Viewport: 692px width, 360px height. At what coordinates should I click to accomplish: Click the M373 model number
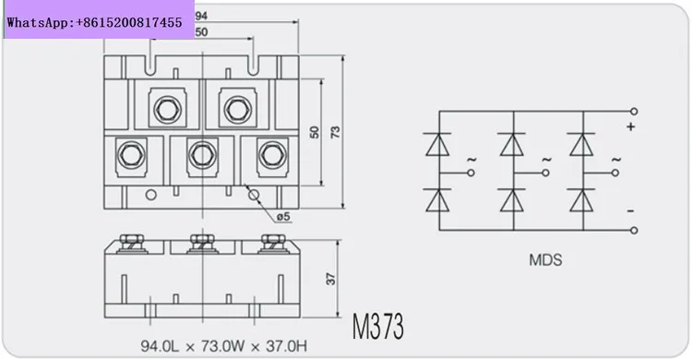377,327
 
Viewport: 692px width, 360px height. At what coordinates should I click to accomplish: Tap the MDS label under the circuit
545,259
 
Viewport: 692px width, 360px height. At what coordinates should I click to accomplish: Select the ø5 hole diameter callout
283,216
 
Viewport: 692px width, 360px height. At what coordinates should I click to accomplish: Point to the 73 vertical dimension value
336,132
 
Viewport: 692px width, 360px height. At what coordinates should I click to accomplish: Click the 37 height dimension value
330,279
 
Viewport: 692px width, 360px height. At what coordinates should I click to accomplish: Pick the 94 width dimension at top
201,16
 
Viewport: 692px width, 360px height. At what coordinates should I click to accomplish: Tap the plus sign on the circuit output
631,126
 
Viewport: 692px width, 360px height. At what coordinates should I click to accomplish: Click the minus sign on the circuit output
631,211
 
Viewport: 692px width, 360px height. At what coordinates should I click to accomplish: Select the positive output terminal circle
634,112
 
